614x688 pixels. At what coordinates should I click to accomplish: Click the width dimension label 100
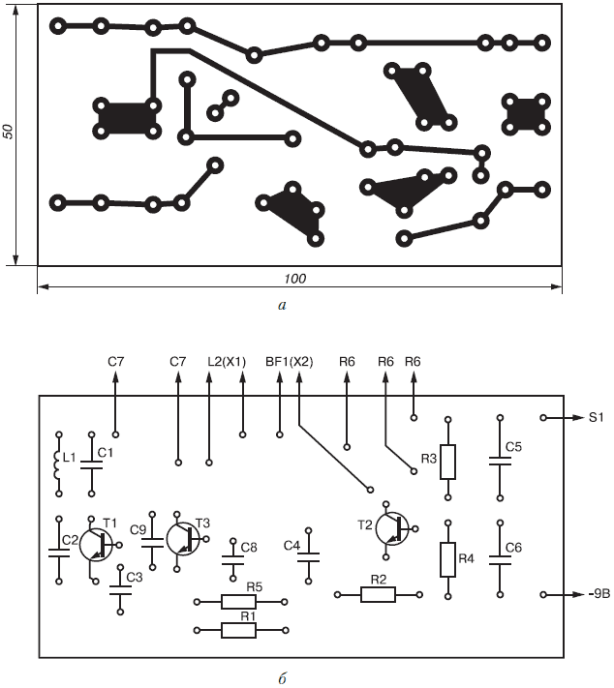[x=295, y=279]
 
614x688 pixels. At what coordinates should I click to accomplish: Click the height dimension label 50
[x=8, y=133]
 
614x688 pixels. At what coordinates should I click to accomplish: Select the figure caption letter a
[x=282, y=307]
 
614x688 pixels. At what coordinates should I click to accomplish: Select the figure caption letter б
[x=282, y=676]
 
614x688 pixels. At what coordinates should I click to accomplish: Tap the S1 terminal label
[x=596, y=418]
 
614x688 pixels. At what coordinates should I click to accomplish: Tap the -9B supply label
[x=595, y=593]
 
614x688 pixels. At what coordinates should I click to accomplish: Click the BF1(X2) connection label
[x=289, y=362]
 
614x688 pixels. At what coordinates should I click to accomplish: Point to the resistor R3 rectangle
[x=447, y=463]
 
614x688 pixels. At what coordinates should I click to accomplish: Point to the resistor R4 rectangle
[x=447, y=558]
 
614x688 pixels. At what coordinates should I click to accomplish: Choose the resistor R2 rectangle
[x=379, y=593]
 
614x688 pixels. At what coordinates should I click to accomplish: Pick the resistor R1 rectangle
[x=238, y=630]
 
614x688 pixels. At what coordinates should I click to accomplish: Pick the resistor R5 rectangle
[x=238, y=601]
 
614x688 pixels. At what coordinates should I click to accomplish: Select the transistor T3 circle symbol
[x=183, y=538]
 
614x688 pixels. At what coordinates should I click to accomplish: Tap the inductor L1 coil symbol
[x=55, y=461]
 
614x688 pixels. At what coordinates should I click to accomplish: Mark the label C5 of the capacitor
[x=513, y=447]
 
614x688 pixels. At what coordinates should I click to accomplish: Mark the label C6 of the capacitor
[x=513, y=547]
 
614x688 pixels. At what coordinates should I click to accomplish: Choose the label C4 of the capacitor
[x=292, y=546]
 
